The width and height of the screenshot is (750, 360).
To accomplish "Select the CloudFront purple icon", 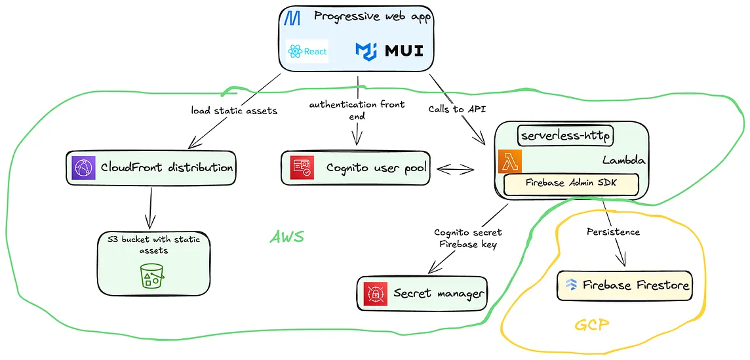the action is coord(83,168).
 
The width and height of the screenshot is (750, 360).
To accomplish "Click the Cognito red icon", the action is coord(303,168).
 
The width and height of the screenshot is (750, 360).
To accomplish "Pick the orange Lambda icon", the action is coord(510,161).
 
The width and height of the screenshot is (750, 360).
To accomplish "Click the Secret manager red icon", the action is coord(375,294).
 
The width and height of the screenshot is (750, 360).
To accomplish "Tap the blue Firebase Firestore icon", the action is coord(571,285).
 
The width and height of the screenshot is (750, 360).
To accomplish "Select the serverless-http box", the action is coord(566,136).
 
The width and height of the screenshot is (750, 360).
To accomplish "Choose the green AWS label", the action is coord(287,237).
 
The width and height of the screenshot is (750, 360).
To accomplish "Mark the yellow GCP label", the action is coord(592,325).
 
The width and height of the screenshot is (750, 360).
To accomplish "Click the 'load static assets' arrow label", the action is coord(235,111).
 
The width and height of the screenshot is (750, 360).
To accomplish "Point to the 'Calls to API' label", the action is coord(457,109).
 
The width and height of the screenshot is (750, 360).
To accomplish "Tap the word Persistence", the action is coord(613,232).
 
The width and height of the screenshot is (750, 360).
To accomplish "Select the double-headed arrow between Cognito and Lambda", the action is coord(455,169).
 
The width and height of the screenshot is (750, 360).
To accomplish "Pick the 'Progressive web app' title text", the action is coord(373,17).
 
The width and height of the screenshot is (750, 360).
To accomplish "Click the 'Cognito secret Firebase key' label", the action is coord(468,239).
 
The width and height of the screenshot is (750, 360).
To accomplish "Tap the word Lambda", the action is coord(624,161).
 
